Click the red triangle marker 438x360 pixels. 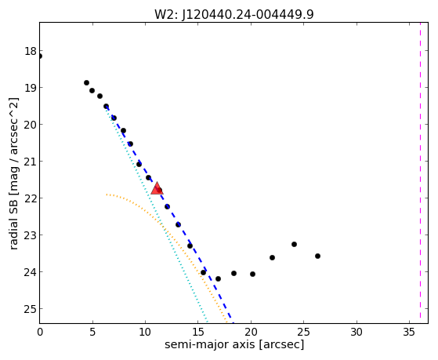coord(157,188)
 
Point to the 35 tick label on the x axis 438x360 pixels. coord(410,332)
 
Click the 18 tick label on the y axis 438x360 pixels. coord(30,51)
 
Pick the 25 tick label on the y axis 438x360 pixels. coord(30,309)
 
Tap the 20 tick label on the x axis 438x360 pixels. coord(251,332)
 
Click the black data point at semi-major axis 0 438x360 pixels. coord(40,56)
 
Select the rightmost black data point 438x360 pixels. coord(317,256)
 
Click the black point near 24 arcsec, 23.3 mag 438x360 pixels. coord(294,244)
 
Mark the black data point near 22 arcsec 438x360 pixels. coord(273,257)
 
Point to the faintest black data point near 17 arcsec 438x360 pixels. coord(218,279)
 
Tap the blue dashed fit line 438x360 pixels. coord(168,212)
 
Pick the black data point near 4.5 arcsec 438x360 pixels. coord(87,83)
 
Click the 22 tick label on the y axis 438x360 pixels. coord(30,198)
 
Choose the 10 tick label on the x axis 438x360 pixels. coord(145,332)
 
